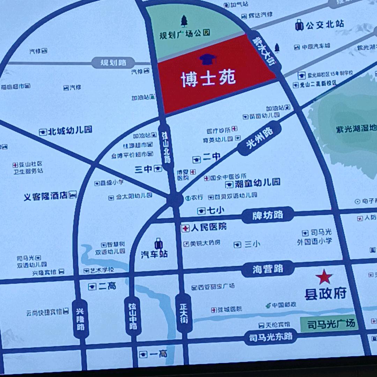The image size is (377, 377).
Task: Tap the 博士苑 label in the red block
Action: tap(208, 80)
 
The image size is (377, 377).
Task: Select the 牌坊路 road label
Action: tap(268, 215)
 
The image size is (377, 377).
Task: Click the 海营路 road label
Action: tap(268, 269)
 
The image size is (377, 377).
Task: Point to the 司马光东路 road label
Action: tap(271, 337)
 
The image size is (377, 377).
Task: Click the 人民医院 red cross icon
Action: tap(185, 228)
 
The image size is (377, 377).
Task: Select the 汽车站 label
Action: tap(154, 254)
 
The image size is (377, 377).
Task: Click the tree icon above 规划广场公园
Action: tap(184, 21)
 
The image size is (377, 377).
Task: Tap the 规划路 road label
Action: tap(113, 63)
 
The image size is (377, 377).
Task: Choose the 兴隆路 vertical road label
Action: tap(80, 319)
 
